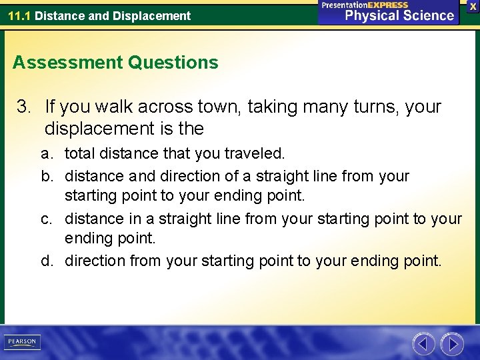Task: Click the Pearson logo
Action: click(21, 342)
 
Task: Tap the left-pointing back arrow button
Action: click(423, 344)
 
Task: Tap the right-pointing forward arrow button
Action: click(452, 344)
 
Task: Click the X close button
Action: click(473, 5)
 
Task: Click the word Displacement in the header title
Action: click(157, 15)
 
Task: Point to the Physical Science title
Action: click(399, 15)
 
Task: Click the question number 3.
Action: click(23, 107)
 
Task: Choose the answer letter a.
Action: click(46, 154)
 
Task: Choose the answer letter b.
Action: click(46, 176)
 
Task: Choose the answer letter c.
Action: click(46, 219)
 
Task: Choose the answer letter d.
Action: click(46, 261)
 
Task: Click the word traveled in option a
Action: click(254, 154)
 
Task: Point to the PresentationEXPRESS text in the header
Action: click(365, 5)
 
